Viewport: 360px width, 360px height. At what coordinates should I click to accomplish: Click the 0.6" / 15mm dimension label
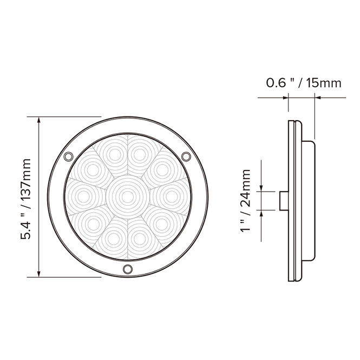(x=304, y=83)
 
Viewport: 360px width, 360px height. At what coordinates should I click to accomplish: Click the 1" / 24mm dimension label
(x=247, y=201)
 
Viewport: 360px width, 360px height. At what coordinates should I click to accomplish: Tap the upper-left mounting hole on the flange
(x=68, y=157)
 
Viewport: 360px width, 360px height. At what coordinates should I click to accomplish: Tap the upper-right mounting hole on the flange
(x=186, y=157)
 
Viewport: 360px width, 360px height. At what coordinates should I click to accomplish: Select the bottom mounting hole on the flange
(x=127, y=269)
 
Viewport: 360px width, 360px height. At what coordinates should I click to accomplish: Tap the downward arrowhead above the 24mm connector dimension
(x=262, y=188)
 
